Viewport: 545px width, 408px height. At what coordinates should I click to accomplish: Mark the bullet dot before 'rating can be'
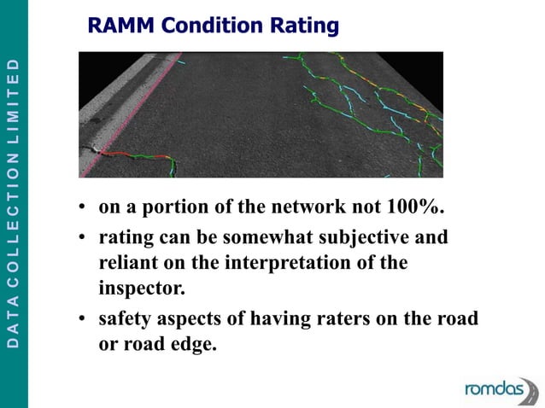click(80, 238)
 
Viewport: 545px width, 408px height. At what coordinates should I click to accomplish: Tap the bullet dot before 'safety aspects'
click(80, 320)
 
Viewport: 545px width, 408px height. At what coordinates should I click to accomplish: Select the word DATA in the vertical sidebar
click(13, 324)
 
